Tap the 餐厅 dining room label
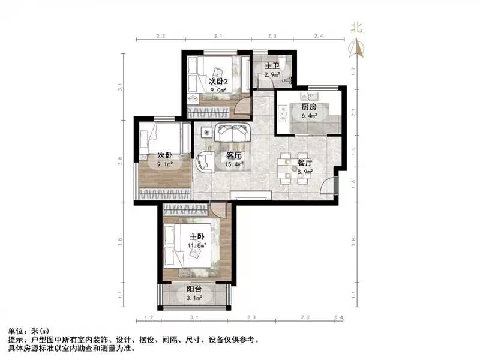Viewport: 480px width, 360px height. pyautogui.click(x=305, y=163)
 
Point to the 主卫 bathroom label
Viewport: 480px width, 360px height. pyautogui.click(x=272, y=67)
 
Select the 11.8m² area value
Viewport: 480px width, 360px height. pyautogui.click(x=197, y=245)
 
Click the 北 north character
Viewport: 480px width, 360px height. pyautogui.click(x=357, y=28)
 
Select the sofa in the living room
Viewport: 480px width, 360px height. pyautogui.click(x=232, y=133)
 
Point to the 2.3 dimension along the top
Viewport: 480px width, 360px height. pyautogui.click(x=160, y=36)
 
